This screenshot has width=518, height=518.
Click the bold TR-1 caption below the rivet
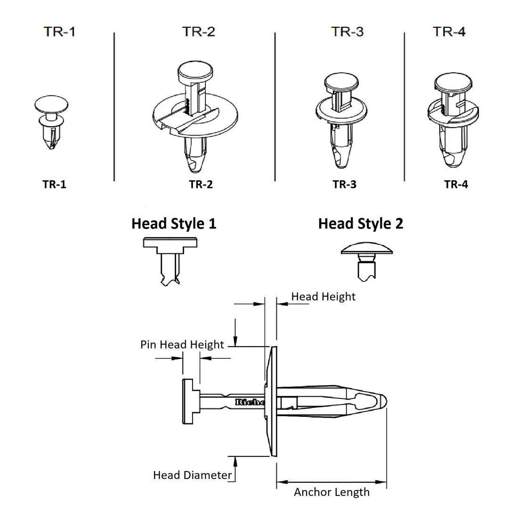coord(54,184)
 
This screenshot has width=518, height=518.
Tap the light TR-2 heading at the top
coord(199,32)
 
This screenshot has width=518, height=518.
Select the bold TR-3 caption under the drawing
coord(345,184)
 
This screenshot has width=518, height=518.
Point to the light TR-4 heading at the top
coord(449,32)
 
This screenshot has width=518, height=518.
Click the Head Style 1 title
coord(174,224)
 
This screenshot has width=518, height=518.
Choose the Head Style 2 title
coord(361,224)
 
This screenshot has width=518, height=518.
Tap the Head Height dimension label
coord(323,297)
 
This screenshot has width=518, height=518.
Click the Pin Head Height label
coord(182,345)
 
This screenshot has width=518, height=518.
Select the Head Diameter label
coord(192,475)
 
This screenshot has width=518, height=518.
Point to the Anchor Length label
coord(332,492)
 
